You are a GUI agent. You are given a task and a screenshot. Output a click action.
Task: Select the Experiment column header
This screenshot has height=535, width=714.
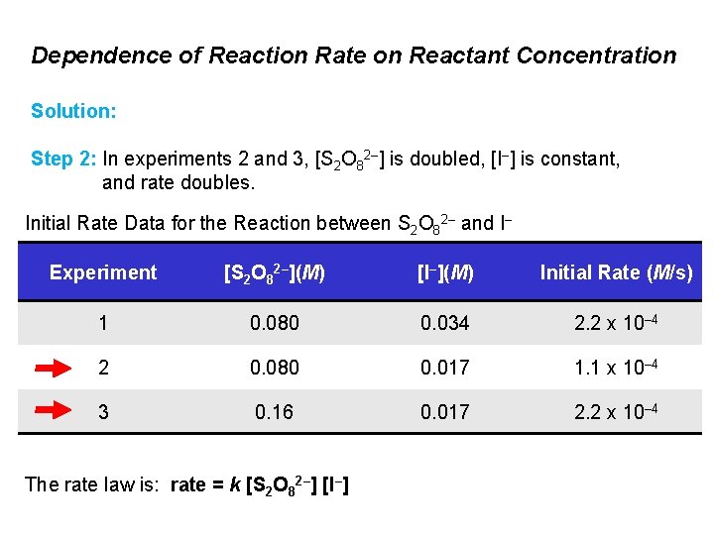[103, 272]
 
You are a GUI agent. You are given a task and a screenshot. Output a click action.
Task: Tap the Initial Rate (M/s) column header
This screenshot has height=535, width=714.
[617, 272]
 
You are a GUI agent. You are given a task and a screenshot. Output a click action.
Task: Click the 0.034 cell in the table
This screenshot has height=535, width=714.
[445, 323]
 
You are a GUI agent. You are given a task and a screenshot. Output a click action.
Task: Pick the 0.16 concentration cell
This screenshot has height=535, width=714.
[274, 410]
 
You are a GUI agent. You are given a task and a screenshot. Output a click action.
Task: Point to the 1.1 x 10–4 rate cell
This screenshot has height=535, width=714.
[616, 368]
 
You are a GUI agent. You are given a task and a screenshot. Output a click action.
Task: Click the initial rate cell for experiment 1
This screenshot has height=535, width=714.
[616, 323]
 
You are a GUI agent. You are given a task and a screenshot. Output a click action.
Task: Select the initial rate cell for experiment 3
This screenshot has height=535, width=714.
[616, 410]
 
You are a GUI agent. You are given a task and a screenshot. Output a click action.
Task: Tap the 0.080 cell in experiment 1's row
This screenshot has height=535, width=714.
[274, 323]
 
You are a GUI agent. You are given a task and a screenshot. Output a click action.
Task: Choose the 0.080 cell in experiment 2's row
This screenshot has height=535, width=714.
[274, 368]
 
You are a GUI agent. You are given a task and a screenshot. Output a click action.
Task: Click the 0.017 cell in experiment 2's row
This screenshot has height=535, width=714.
[445, 368]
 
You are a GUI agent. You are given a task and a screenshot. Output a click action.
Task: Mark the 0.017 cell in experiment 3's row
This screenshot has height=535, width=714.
[445, 410]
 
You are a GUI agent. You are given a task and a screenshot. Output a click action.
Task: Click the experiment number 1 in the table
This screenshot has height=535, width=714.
[102, 323]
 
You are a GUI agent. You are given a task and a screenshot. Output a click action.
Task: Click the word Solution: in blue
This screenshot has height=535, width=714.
[74, 111]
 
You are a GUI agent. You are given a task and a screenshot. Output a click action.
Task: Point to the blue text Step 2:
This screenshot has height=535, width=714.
[64, 159]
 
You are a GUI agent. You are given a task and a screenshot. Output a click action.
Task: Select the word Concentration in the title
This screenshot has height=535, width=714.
[599, 55]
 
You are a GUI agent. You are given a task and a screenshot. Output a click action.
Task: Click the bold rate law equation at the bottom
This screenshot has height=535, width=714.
[259, 484]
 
